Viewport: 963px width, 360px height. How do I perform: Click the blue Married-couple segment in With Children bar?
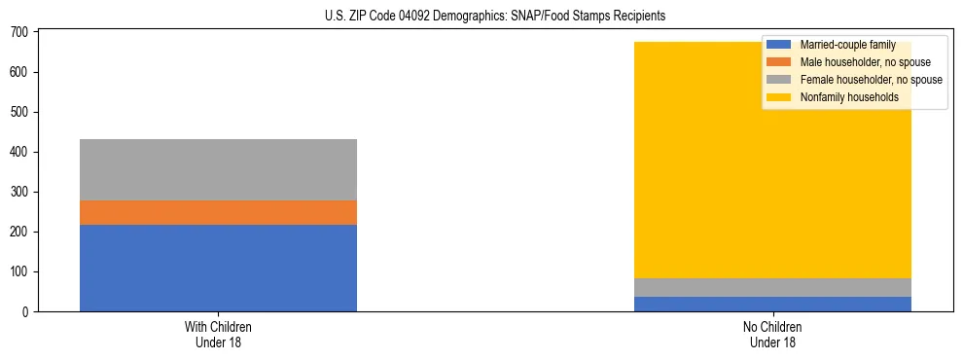(x=218, y=268)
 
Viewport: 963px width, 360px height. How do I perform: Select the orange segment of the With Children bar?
(x=218, y=212)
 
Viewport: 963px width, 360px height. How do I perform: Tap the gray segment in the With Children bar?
(x=218, y=169)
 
